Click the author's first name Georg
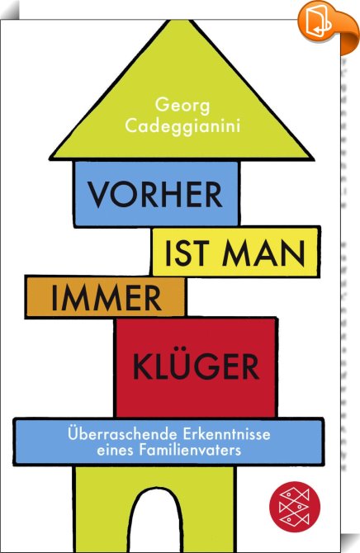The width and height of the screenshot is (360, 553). click(182, 106)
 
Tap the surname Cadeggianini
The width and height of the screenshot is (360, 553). click(182, 126)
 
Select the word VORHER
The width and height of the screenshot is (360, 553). click(155, 194)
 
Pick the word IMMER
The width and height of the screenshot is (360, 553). click(107, 298)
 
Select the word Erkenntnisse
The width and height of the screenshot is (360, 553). click(226, 434)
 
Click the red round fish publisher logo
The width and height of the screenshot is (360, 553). click(294, 507)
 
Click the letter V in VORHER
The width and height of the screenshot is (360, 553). click(98, 194)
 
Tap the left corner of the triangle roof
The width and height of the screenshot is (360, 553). click(50, 158)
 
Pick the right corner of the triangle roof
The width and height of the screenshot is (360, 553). click(314, 158)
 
